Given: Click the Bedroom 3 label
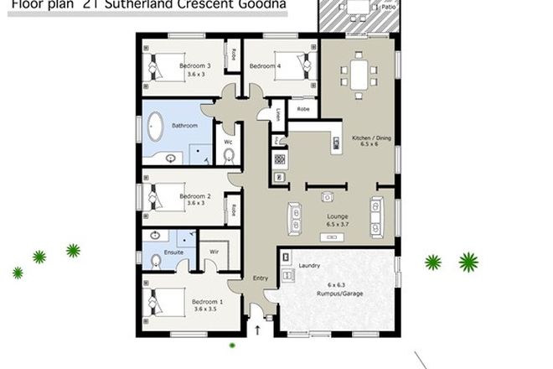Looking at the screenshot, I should pyautogui.click(x=196, y=65).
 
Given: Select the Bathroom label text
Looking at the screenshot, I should pyautogui.click(x=184, y=125).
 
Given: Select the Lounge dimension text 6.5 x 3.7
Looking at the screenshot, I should pyautogui.click(x=338, y=224).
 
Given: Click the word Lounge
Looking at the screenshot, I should pyautogui.click(x=338, y=216).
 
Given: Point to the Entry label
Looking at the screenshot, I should pyautogui.click(x=261, y=279).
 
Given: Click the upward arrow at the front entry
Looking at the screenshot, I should pyautogui.click(x=257, y=330).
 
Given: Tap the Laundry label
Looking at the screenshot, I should pyautogui.click(x=309, y=268).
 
